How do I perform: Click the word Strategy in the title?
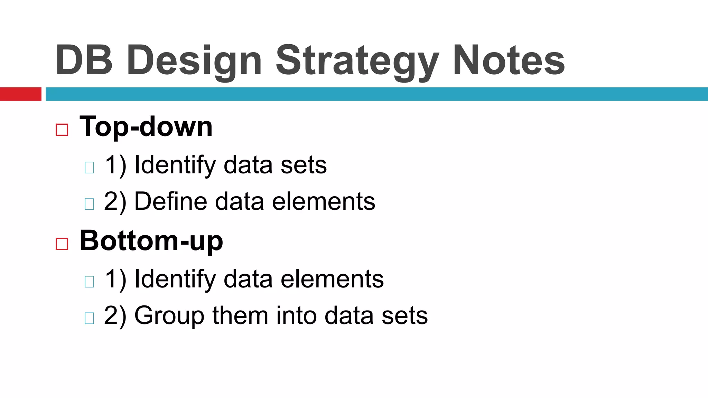click(x=357, y=61)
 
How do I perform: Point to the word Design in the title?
click(x=194, y=61)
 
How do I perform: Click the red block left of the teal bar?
click(x=20, y=94)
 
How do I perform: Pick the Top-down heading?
click(x=146, y=127)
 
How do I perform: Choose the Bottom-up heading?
click(x=151, y=241)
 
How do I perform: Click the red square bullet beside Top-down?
click(x=62, y=130)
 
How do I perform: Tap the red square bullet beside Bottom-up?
click(x=62, y=244)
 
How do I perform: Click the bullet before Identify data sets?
click(x=89, y=168)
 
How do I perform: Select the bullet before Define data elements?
click(x=89, y=204)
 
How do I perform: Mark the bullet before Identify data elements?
click(x=89, y=282)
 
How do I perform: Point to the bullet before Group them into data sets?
click(x=89, y=318)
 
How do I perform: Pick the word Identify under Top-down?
click(x=175, y=165)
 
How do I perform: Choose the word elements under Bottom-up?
click(x=332, y=279)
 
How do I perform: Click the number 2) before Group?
click(x=115, y=316)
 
